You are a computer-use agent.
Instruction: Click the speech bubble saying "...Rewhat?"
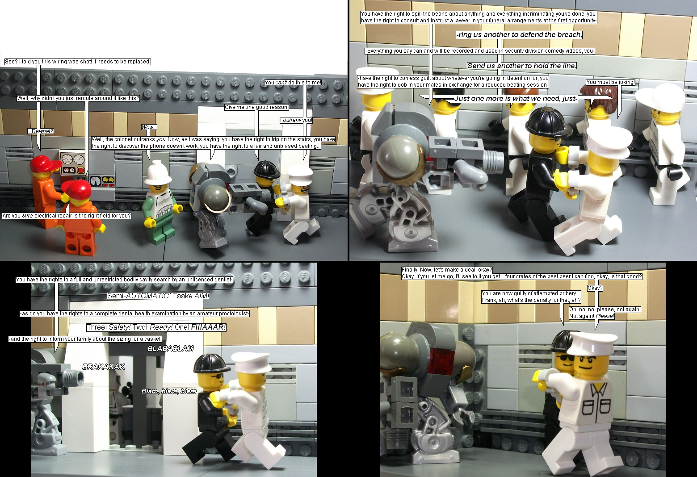point(41,131)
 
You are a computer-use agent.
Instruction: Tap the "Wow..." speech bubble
point(149,127)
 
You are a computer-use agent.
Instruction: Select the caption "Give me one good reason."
point(256,107)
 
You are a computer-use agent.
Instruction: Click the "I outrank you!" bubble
point(296,120)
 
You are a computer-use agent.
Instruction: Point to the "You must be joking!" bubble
point(610,82)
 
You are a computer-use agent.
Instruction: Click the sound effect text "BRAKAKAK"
point(104,367)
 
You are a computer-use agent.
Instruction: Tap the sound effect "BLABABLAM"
point(171,348)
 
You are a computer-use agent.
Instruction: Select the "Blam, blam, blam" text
point(169,391)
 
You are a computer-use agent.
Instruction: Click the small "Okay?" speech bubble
point(595,288)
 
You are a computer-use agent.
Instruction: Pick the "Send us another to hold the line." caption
point(522,66)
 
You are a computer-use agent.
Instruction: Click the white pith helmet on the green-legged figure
point(158,173)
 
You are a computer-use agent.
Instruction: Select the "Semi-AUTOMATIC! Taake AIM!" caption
point(158,296)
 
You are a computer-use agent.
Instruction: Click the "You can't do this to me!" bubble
point(293,82)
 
